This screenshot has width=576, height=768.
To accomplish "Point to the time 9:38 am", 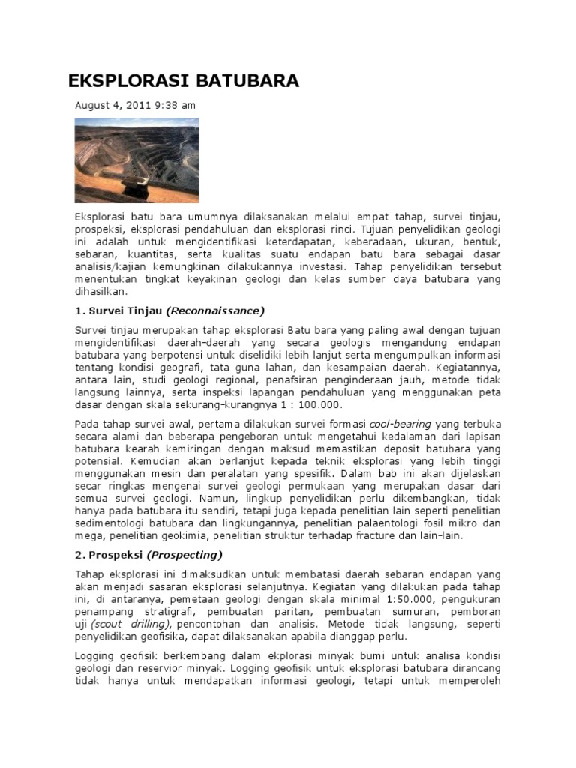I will [x=175, y=105].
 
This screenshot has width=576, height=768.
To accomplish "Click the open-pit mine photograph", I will [x=136, y=160].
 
